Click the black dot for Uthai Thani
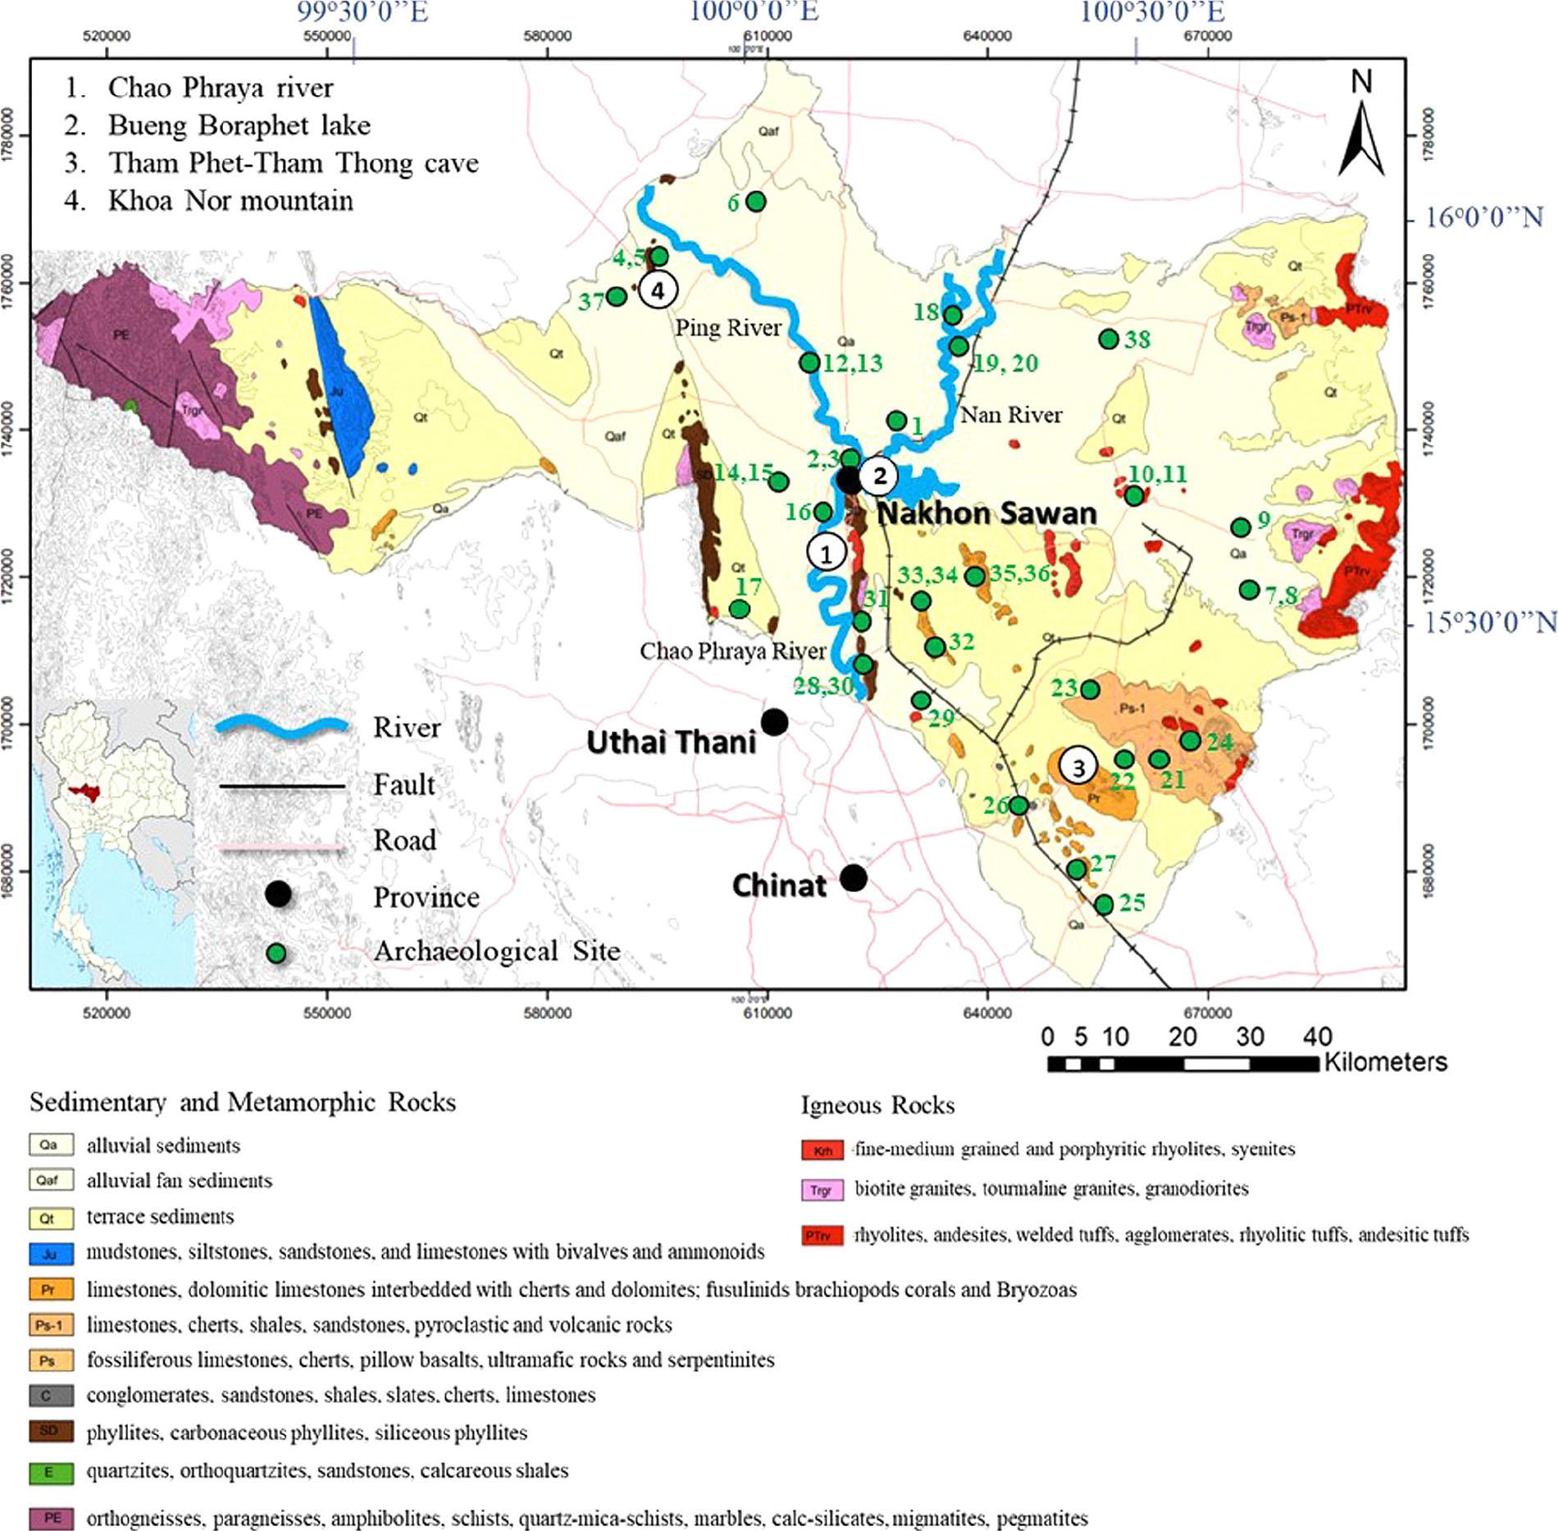[774, 722]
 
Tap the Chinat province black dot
[854, 878]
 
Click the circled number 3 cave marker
[1078, 767]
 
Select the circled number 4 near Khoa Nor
[658, 289]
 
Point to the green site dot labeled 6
[755, 201]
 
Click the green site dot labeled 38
[1109, 339]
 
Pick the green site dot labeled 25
[1104, 904]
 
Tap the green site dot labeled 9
[1241, 527]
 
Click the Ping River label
[727, 328]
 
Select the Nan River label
[1010, 415]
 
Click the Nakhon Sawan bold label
[986, 514]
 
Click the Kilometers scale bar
[1182, 1064]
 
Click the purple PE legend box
[51, 1518]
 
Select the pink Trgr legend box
[822, 1190]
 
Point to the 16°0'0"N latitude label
[1484, 217]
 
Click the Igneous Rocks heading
[877, 1105]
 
